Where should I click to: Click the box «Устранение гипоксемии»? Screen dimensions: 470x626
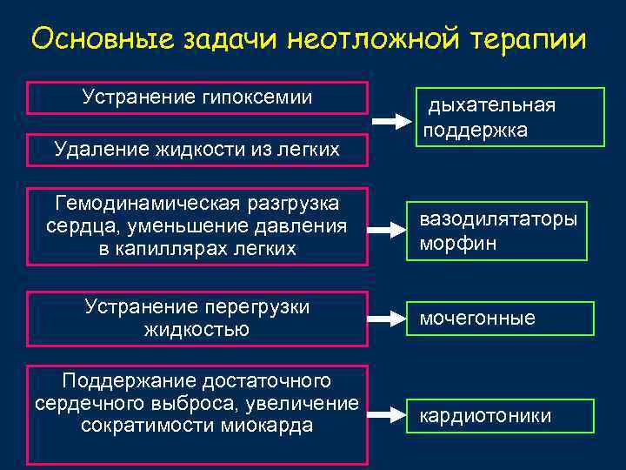(197, 97)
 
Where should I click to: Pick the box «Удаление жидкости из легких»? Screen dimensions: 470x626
(197, 150)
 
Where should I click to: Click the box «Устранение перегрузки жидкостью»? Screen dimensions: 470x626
(197, 318)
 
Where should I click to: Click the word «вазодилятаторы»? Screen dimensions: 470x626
(498, 218)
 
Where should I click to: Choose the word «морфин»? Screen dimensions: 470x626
(458, 243)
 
